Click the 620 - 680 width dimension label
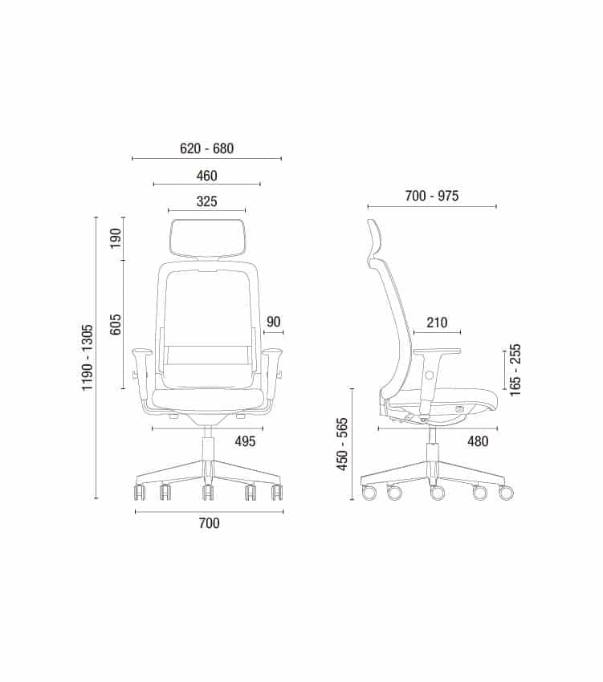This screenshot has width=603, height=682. pos(207,148)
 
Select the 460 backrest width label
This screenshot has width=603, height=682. pos(207,176)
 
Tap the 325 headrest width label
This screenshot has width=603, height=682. pos(207,201)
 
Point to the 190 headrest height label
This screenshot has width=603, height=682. pos(116,238)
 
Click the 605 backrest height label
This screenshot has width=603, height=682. pos(116,324)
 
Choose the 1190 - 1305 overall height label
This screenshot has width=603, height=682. pos(87,358)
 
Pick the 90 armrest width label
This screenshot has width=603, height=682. pos(274,322)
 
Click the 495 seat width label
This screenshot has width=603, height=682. pos(245,441)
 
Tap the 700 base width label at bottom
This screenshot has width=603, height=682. pos(209,523)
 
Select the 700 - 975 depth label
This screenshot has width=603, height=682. pos(431,196)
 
